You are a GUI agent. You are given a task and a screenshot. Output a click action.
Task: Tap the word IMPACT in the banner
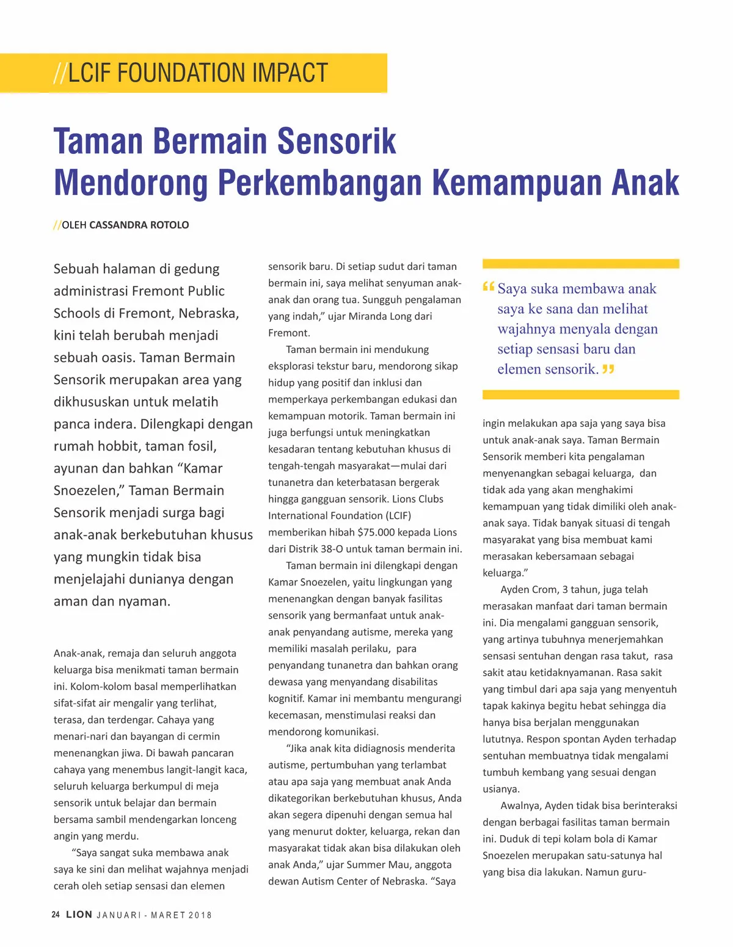point(290,73)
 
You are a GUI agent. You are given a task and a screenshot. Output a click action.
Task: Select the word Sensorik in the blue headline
point(337,141)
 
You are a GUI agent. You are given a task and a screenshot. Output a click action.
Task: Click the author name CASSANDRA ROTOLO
point(139,225)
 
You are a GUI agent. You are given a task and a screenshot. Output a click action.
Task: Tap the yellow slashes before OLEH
point(57,225)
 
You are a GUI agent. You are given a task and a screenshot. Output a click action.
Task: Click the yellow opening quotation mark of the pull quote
point(488,286)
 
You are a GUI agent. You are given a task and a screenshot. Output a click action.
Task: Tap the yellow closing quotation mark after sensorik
point(608,369)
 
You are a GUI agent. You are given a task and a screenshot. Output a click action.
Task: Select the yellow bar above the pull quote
point(580,264)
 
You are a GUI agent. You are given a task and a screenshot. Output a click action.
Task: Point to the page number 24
point(56,915)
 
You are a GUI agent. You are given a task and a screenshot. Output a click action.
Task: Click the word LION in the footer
point(79,915)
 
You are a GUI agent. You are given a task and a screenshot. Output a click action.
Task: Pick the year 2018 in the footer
point(200,915)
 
